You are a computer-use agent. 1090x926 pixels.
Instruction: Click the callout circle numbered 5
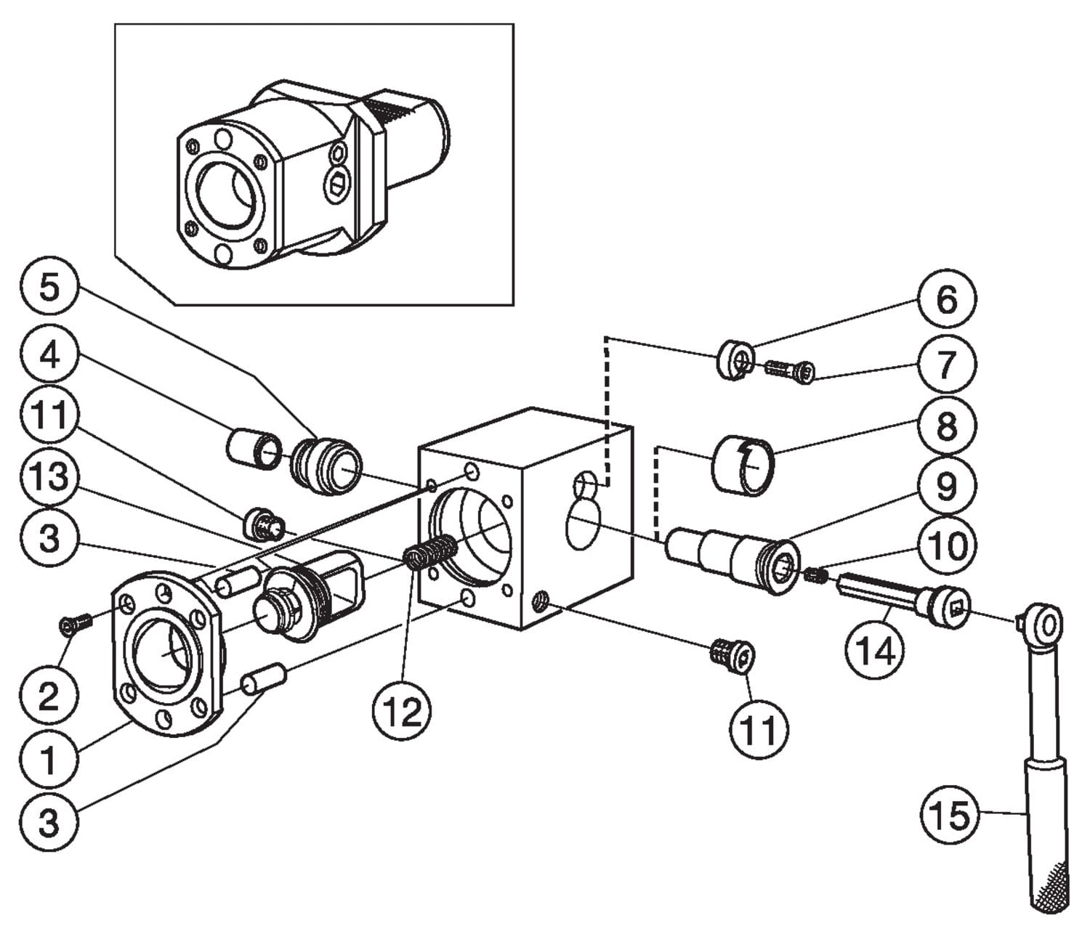coord(49,288)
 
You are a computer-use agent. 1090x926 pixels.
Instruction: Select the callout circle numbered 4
coord(49,356)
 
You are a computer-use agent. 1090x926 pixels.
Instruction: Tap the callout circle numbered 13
coord(49,477)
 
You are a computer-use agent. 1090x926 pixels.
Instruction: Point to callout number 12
coord(401,711)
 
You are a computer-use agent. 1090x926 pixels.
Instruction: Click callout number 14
coord(875,651)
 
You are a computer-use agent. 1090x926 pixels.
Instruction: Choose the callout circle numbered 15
coord(950,815)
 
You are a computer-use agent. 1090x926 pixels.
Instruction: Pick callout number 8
coord(946,426)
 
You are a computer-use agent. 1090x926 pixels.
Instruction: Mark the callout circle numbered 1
coord(49,760)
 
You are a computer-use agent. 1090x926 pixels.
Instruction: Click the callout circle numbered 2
coord(49,696)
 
